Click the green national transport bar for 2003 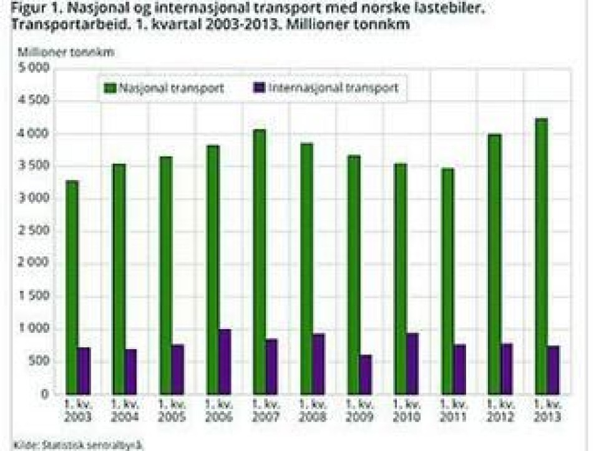(72, 287)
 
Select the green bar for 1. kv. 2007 (260, 262)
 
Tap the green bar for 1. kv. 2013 (542, 256)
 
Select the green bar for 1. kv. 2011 (448, 281)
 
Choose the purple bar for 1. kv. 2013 (553, 370)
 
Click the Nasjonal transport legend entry (165, 88)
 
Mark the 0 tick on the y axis (46, 394)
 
